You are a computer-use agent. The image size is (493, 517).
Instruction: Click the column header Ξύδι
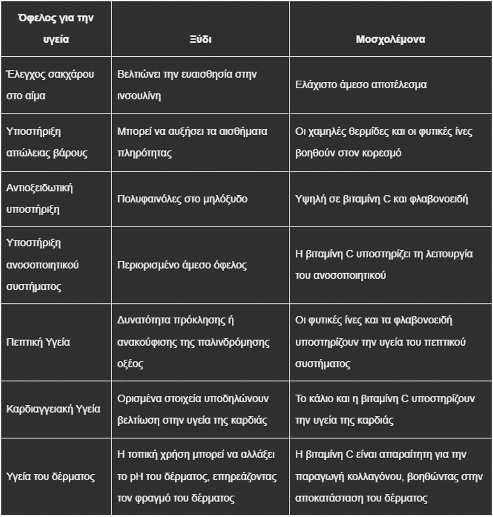(x=200, y=39)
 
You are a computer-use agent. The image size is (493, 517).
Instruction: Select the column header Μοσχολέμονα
(x=390, y=39)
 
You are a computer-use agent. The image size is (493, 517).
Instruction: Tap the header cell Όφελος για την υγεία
(x=56, y=29)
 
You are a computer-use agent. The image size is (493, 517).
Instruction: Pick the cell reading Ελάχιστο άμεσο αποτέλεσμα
(x=361, y=85)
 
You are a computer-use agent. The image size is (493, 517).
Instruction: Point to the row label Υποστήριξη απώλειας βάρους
(x=47, y=142)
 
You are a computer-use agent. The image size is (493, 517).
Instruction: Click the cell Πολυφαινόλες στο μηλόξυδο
(x=182, y=199)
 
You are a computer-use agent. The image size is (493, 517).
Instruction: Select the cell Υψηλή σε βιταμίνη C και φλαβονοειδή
(x=381, y=199)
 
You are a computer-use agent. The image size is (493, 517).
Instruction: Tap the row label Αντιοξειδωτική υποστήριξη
(x=39, y=198)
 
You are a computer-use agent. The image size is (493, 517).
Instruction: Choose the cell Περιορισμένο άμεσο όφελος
(x=182, y=265)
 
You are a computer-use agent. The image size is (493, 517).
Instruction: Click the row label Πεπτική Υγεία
(x=38, y=342)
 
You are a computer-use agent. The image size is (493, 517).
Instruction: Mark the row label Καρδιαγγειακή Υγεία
(x=53, y=409)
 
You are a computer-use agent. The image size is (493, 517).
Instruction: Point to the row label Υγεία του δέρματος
(x=51, y=477)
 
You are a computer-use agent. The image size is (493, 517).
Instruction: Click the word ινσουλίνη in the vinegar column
(x=139, y=96)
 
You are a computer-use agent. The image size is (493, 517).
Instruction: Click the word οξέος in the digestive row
(x=130, y=364)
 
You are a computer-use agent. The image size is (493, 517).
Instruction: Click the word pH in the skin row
(x=136, y=477)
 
